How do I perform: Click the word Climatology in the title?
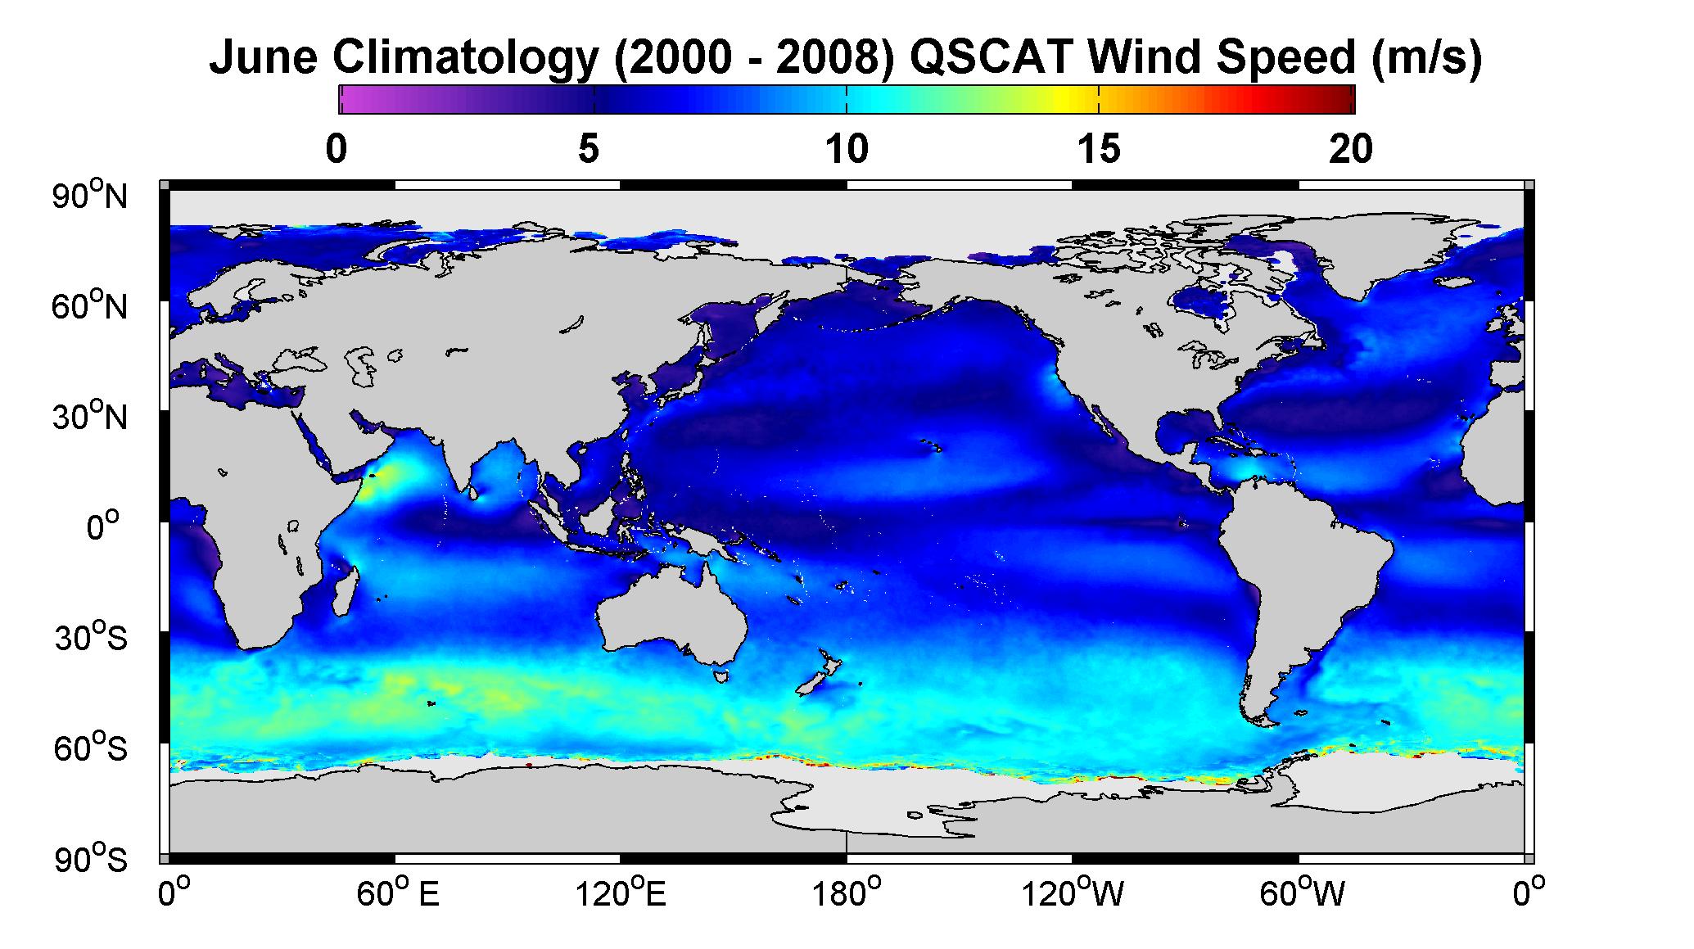(x=464, y=58)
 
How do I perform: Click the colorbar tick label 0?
(x=336, y=150)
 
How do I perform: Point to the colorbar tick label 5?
(x=589, y=150)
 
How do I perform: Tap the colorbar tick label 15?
(x=1099, y=150)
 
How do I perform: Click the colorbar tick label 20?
(x=1352, y=150)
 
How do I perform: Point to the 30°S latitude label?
(x=91, y=638)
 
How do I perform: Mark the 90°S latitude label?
(x=91, y=860)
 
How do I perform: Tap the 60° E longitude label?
(x=398, y=894)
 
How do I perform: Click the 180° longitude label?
(x=846, y=894)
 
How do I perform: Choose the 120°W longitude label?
(x=1073, y=894)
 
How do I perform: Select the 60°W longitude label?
(x=1303, y=894)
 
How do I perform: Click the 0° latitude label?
(x=104, y=527)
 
